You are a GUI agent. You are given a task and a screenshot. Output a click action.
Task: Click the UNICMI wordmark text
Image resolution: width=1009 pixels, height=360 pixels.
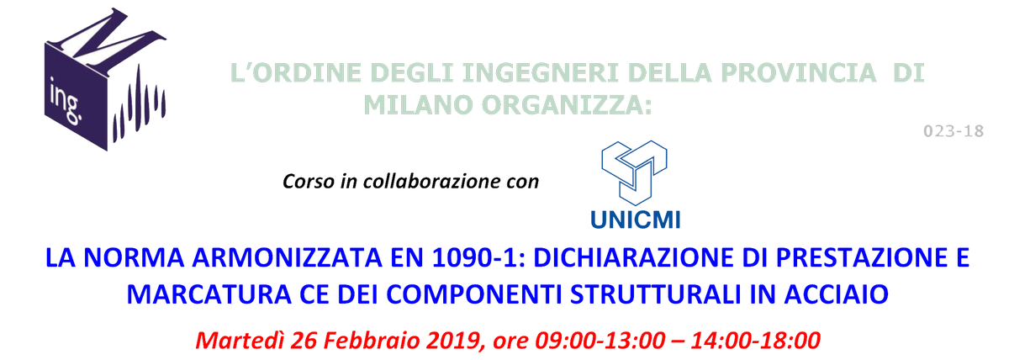click(x=637, y=220)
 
